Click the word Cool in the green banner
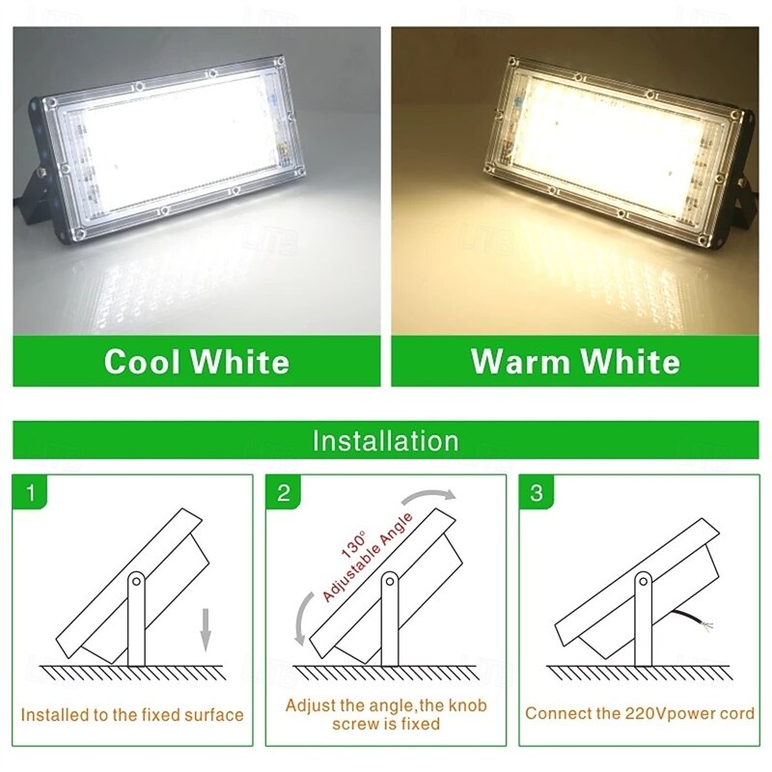click(143, 362)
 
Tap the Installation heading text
click(385, 441)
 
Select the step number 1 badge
click(30, 493)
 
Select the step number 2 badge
click(284, 493)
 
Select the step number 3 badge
click(537, 493)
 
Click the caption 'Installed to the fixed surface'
click(132, 715)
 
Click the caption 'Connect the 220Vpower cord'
click(640, 714)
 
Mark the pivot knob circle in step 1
click(136, 581)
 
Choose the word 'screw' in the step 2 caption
click(356, 724)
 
